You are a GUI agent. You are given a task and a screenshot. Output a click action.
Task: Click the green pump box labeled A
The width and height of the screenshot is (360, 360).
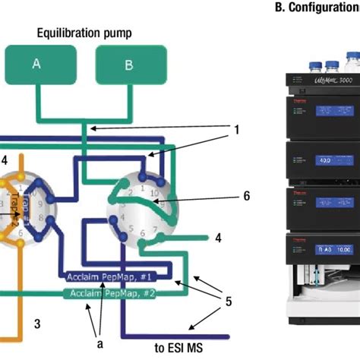coord(36,65)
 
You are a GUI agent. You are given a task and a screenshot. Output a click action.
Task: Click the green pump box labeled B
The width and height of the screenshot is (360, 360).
coord(128,65)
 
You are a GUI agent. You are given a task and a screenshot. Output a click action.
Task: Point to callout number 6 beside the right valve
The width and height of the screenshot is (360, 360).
coord(245,195)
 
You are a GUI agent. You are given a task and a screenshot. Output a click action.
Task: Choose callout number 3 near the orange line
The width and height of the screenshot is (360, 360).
coord(35,323)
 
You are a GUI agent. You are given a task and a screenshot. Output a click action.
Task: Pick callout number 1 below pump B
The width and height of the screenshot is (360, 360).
coord(236,130)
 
